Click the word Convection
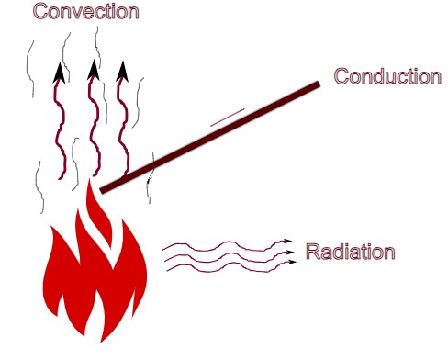click(x=86, y=12)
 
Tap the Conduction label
click(x=386, y=76)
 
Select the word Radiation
click(x=350, y=252)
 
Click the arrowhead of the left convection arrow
click(x=59, y=73)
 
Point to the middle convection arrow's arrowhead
click(x=92, y=69)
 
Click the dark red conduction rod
click(x=211, y=138)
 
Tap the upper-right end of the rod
click(x=317, y=85)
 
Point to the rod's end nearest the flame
click(x=104, y=190)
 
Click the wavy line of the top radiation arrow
click(x=220, y=246)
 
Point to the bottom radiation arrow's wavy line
click(x=220, y=266)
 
